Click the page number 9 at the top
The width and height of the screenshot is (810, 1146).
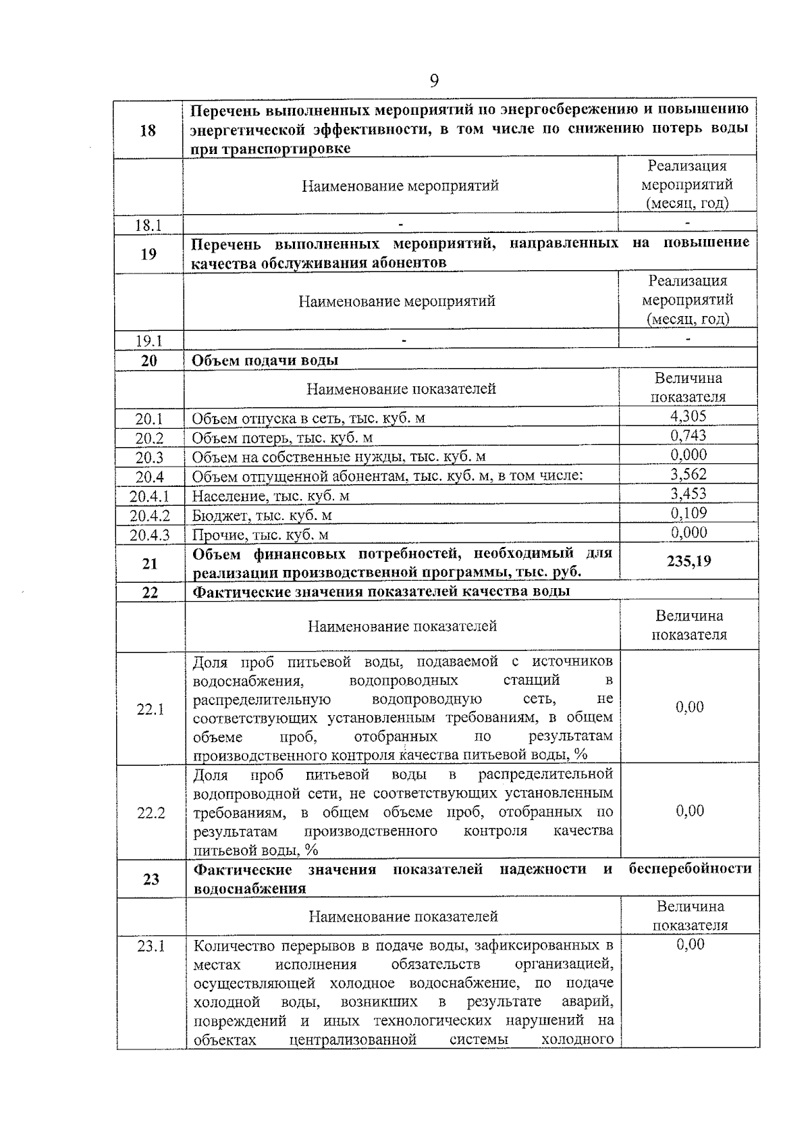tap(434, 81)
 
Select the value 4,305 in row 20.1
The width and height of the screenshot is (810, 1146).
tap(688, 416)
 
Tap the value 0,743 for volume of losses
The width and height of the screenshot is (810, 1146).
tap(688, 436)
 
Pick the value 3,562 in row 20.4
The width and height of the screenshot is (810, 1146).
tap(688, 474)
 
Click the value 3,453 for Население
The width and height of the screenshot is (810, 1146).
tap(688, 494)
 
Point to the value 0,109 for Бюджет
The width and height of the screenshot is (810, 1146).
tap(688, 513)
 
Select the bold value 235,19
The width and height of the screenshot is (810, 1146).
tap(688, 561)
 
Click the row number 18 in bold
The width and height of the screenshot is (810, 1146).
tap(148, 130)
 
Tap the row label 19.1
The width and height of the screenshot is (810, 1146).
tap(148, 340)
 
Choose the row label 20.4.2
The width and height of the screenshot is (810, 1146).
tap(150, 516)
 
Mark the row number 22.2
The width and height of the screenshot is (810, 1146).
tap(151, 812)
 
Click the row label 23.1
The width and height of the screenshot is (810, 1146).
tap(151, 946)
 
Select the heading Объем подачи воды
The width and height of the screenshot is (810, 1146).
tap(265, 361)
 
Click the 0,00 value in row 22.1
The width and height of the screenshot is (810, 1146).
tap(689, 707)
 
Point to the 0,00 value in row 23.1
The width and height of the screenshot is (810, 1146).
tap(690, 944)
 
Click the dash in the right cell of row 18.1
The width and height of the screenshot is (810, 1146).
tap(687, 222)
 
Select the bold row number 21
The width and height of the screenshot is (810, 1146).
tap(150, 563)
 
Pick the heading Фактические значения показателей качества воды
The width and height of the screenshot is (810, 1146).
tap(381, 592)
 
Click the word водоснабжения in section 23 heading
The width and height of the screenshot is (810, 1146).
tap(250, 889)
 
